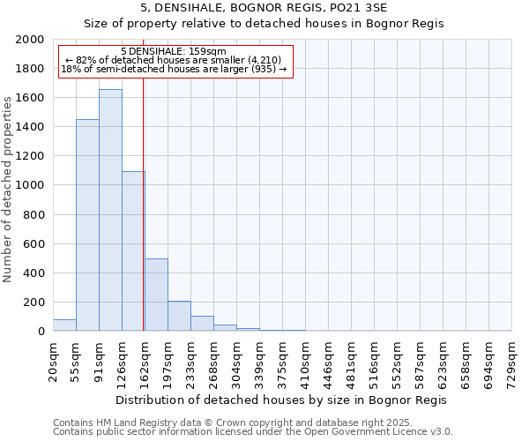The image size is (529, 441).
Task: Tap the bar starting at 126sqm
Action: pyautogui.click(x=133, y=251)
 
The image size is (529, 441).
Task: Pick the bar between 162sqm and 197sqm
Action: pyautogui.click(x=156, y=295)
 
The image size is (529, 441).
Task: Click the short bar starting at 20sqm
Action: pyautogui.click(x=64, y=325)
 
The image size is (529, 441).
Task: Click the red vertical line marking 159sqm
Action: pyautogui.click(x=143, y=203)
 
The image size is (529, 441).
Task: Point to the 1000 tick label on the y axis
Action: pyautogui.click(x=30, y=185)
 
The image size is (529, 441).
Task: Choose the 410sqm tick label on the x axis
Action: pyautogui.click(x=305, y=363)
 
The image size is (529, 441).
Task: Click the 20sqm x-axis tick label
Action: pyautogui.click(x=53, y=362)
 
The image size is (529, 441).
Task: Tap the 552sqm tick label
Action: pyautogui.click(x=397, y=363)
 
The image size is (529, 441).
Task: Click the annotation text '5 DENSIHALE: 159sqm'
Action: pyautogui.click(x=174, y=51)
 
